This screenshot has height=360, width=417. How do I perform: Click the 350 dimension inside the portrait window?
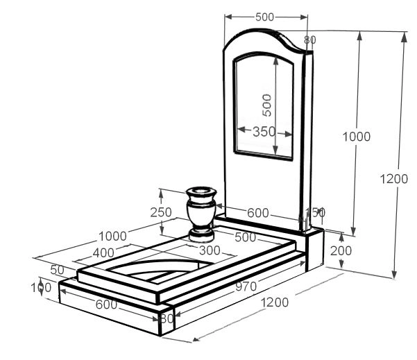264,132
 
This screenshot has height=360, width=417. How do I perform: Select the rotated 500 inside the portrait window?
266,105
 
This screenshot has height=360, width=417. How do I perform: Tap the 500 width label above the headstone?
264,17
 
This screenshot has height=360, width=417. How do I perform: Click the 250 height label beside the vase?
160,212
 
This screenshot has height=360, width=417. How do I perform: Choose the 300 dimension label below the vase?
209,250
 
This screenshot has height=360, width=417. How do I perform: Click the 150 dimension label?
314,212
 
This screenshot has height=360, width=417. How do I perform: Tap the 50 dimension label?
57,269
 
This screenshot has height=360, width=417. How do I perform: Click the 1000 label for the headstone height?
357,137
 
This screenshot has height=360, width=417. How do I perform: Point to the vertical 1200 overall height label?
394,179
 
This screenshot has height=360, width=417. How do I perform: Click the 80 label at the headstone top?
310,40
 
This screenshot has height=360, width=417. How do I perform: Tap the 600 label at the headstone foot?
258,214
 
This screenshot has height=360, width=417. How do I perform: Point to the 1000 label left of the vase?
112,236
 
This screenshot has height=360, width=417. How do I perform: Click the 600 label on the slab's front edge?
106,304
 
